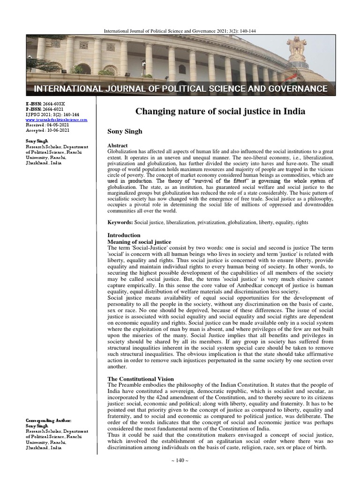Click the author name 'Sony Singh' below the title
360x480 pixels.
tap(125, 132)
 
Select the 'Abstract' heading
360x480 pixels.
tap(118, 146)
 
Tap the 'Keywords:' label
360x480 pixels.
tap(120, 222)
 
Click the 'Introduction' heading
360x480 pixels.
tap(124, 235)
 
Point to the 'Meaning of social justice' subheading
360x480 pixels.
tap(139, 241)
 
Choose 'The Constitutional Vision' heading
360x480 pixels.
tap(141, 379)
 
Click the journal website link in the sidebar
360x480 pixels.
tap(56, 120)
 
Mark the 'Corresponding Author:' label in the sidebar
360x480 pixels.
tap(49, 421)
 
